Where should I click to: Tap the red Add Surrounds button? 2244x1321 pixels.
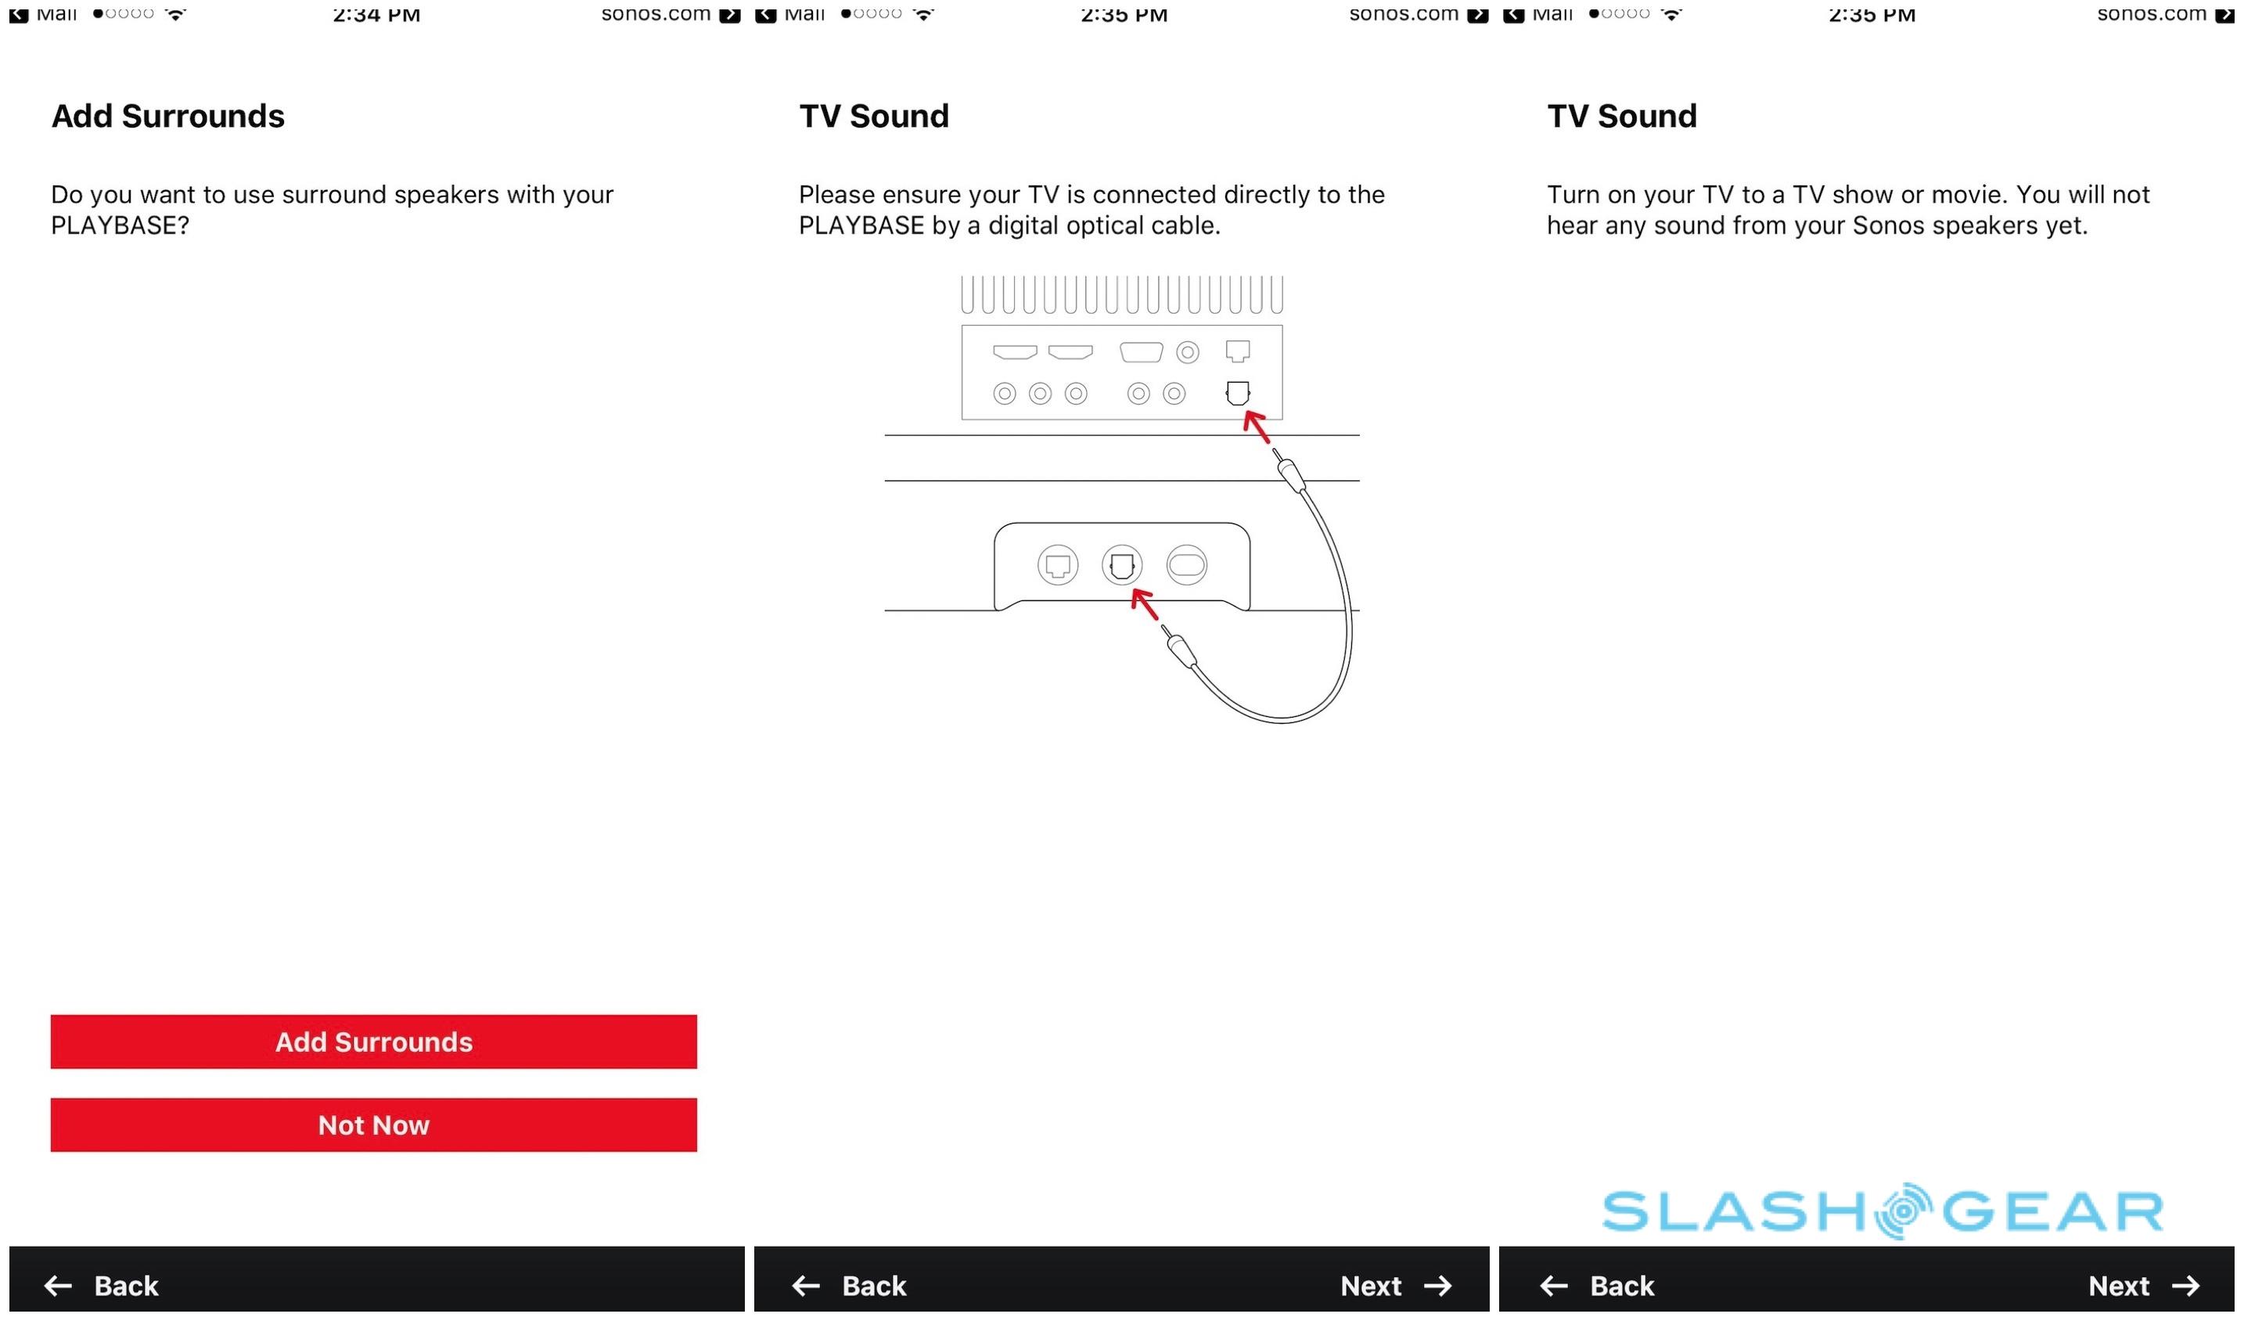click(373, 1042)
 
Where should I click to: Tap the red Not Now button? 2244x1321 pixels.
click(373, 1125)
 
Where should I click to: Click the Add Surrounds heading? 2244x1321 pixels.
click(167, 116)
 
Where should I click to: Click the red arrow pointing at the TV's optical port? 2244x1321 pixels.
click(1256, 426)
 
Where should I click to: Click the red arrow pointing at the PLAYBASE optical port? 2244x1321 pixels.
click(1144, 604)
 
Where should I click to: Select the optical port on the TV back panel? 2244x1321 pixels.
click(1238, 393)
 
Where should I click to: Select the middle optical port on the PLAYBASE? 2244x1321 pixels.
click(1122, 565)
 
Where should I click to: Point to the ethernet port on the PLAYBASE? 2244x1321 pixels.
click(1058, 565)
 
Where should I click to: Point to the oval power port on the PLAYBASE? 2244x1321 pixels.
click(1186, 565)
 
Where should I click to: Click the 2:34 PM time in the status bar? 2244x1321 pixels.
click(376, 13)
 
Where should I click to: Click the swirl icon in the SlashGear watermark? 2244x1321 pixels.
click(1903, 1211)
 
